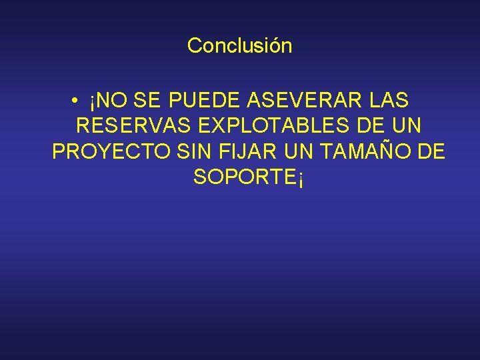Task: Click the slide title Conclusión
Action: coord(239,46)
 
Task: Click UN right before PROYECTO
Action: coord(408,126)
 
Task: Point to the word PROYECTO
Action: coord(111,152)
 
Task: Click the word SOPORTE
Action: coord(244,177)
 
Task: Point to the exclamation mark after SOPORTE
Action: coord(301,179)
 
